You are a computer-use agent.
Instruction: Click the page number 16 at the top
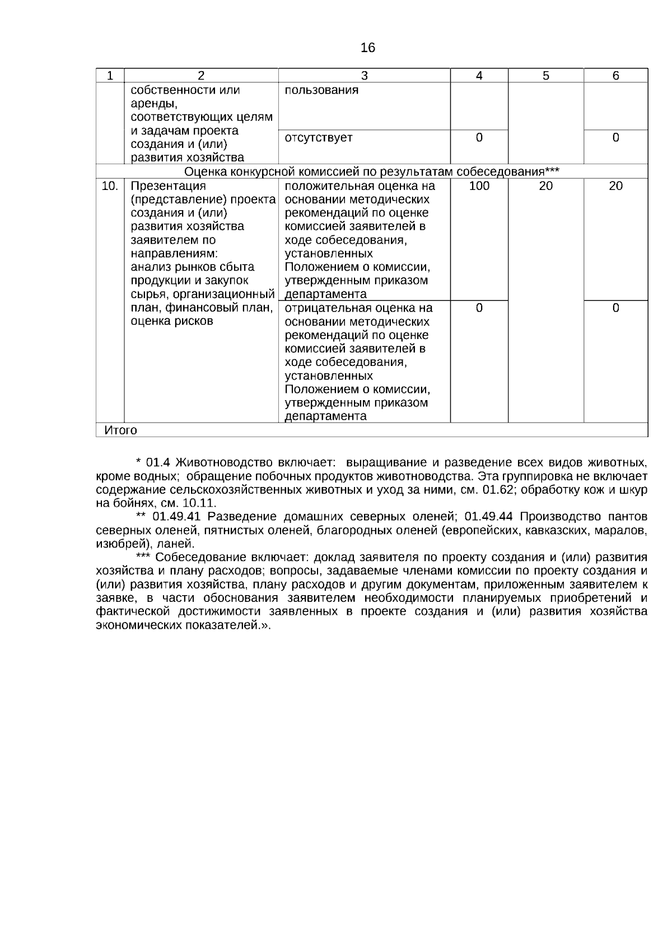(368, 48)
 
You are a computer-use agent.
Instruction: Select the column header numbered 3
(364, 76)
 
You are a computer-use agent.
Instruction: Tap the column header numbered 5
(545, 76)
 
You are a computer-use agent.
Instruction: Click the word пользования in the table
(321, 90)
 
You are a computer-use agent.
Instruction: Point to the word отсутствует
(319, 138)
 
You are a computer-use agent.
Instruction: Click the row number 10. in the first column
(110, 186)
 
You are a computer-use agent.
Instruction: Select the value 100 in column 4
(479, 186)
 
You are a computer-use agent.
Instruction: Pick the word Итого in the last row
(120, 430)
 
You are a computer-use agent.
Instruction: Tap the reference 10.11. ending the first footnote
(199, 503)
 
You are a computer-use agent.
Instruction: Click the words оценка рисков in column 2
(172, 322)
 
